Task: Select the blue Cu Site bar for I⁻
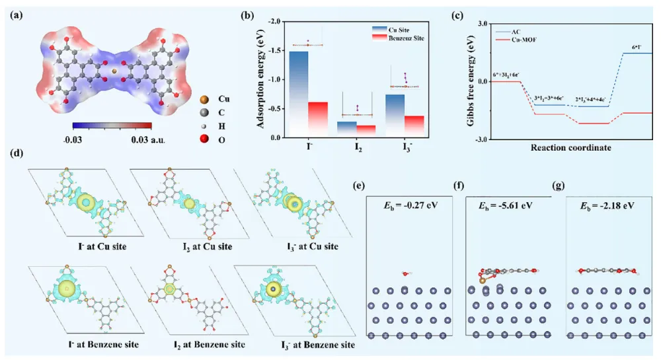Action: (299, 92)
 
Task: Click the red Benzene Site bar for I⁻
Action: (319, 119)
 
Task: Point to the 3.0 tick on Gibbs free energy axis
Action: (481, 23)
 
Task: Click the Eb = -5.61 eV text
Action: (505, 205)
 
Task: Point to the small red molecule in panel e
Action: (405, 273)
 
